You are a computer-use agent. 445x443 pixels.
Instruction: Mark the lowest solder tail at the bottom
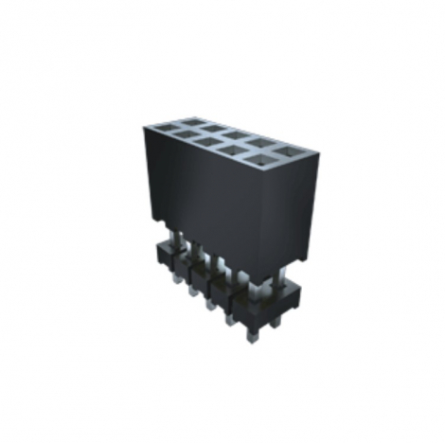252,335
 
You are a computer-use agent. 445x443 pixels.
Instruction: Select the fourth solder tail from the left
230,320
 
